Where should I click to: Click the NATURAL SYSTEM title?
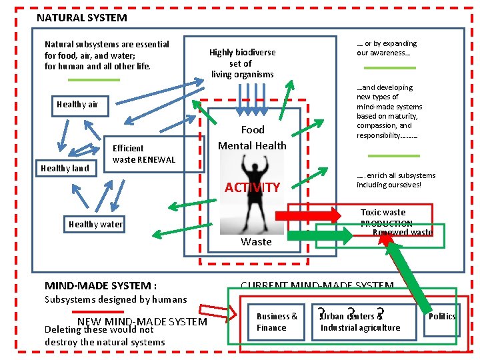[81, 18]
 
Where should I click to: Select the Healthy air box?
[77, 104]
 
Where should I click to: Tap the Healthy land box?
[65, 168]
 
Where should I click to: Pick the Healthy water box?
[95, 224]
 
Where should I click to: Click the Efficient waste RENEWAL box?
[143, 153]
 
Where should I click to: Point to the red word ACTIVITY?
[252, 187]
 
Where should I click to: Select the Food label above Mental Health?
[253, 129]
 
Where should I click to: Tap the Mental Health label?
[253, 145]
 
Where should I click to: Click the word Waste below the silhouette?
[256, 241]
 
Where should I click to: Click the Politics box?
[441, 316]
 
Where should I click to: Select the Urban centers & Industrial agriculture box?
[360, 321]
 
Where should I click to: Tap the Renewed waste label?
[402, 232]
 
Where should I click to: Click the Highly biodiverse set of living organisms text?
[242, 63]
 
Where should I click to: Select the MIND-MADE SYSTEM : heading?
[101, 285]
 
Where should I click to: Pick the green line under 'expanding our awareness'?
[389, 68]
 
